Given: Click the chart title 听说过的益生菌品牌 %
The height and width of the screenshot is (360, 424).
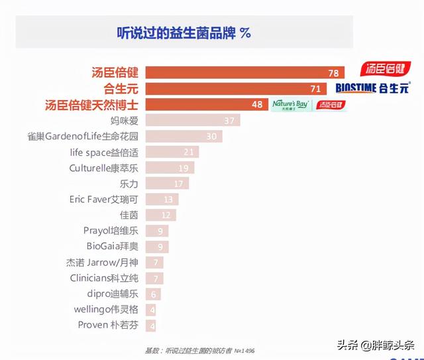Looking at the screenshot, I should (183, 32).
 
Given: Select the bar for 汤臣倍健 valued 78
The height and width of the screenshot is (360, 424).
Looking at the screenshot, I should (245, 72).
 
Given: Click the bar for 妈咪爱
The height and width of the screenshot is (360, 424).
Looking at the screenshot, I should (192, 121).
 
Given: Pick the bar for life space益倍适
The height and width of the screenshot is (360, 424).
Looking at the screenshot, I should (172, 152).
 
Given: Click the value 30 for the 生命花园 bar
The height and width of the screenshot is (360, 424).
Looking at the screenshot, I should (212, 137).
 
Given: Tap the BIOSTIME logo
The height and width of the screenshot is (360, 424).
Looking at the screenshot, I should (355, 88).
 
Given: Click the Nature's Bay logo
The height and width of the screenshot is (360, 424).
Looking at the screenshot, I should (290, 105).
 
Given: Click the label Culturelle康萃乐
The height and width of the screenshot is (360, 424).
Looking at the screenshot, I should (104, 168).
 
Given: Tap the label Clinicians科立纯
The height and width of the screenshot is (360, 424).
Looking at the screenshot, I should (104, 278).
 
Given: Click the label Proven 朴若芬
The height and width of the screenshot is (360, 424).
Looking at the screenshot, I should (108, 325).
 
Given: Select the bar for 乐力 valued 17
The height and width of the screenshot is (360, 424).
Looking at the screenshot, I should (166, 184).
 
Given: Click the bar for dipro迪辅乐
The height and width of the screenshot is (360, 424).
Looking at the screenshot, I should (152, 294).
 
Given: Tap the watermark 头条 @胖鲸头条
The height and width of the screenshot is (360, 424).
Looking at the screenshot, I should (375, 345).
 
